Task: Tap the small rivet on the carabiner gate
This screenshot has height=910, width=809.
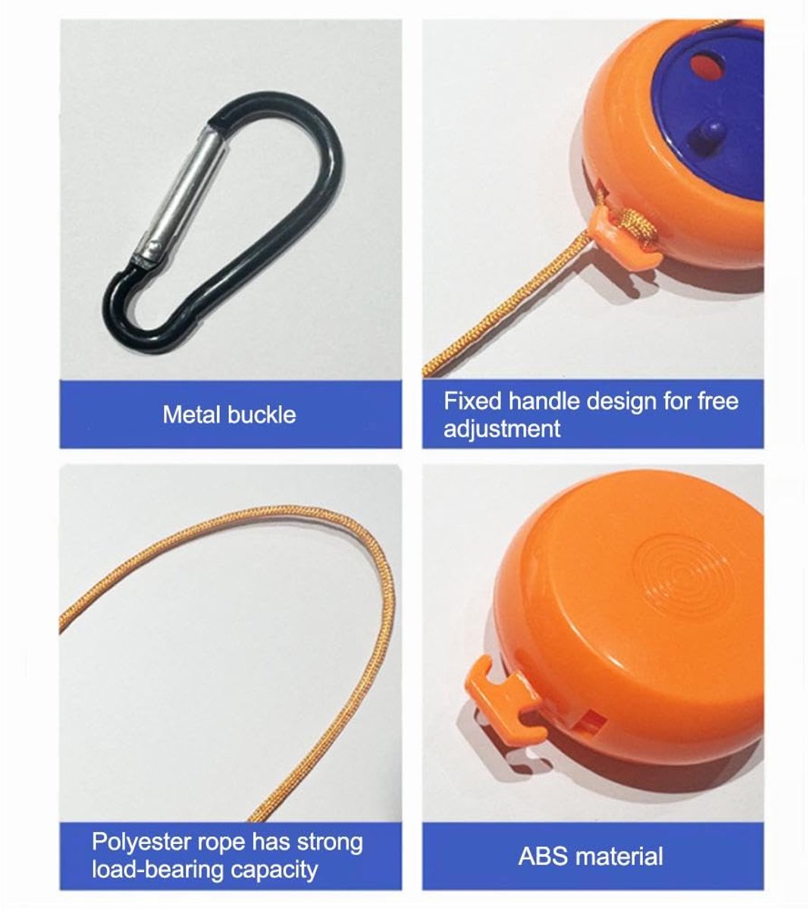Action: pyautogui.click(x=154, y=246)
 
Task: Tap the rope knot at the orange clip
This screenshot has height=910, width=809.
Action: pyautogui.click(x=639, y=225)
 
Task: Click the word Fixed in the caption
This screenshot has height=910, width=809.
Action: pyautogui.click(x=472, y=400)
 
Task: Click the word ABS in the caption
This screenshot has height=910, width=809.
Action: pyautogui.click(x=543, y=856)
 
